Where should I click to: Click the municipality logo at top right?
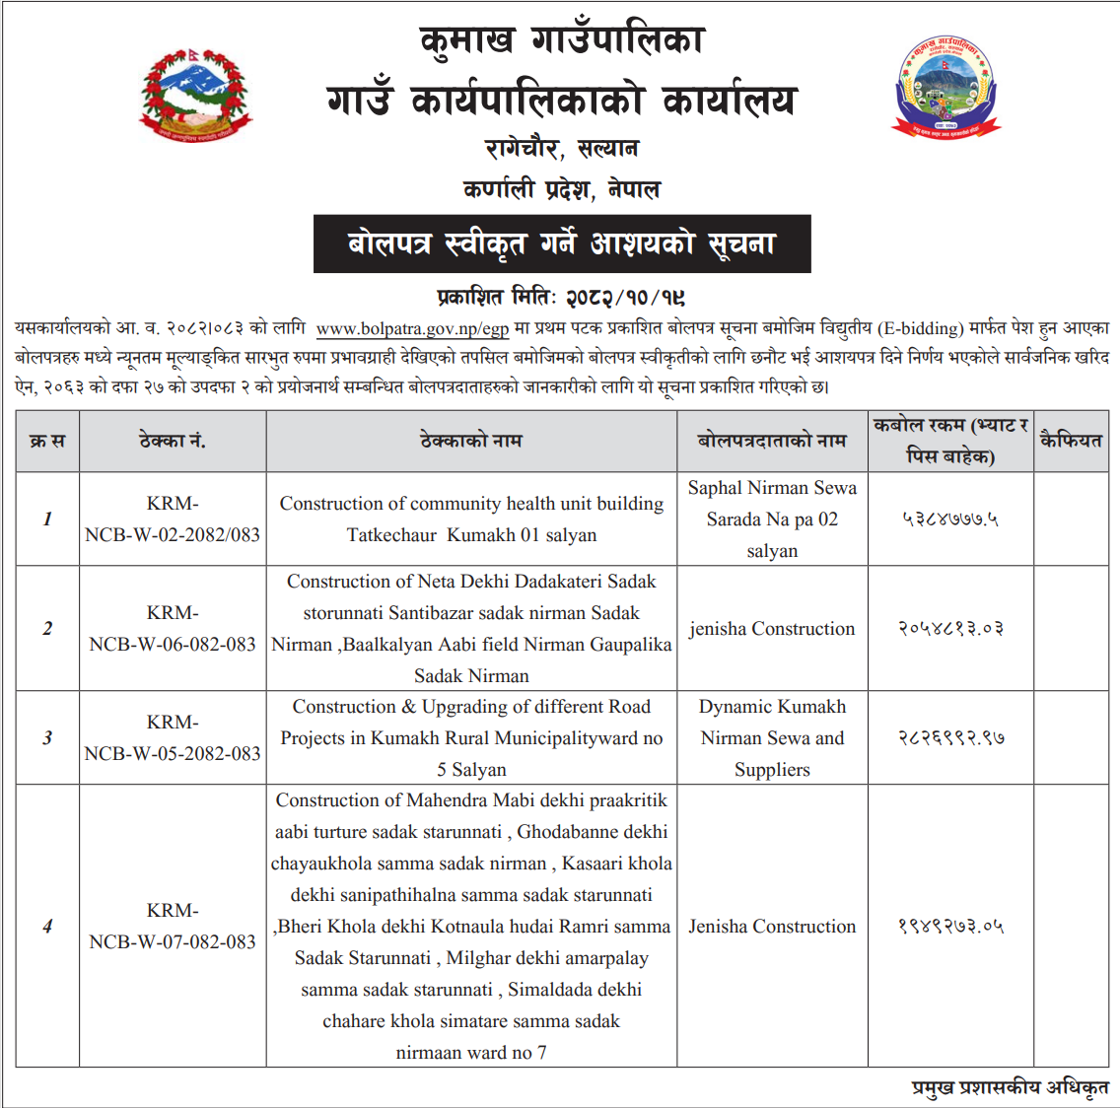(x=946, y=87)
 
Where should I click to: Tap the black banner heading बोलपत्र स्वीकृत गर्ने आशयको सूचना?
(x=562, y=243)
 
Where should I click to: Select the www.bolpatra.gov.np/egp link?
(x=412, y=328)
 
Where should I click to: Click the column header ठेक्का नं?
(x=173, y=441)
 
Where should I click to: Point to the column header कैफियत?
(x=1071, y=441)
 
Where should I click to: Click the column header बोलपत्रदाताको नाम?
(x=772, y=441)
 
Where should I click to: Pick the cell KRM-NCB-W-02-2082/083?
(x=173, y=519)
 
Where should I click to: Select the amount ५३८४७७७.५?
(x=949, y=519)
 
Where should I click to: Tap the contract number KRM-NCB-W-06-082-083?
(x=173, y=629)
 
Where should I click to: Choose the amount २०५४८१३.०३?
(x=949, y=629)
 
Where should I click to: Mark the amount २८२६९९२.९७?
(x=949, y=737)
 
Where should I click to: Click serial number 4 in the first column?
(x=47, y=926)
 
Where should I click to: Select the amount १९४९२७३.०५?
(x=949, y=927)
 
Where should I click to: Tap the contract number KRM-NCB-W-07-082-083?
(x=173, y=927)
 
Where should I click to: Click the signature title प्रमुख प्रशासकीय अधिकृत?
(x=1010, y=1087)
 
